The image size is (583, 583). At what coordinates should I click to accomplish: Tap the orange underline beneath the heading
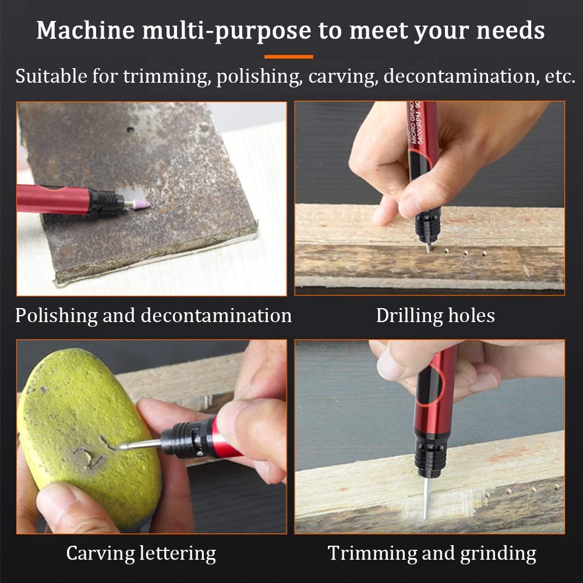[x=288, y=57]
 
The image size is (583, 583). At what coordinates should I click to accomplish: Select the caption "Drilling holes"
[x=435, y=316]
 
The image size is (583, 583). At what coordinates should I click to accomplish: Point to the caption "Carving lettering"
[x=141, y=553]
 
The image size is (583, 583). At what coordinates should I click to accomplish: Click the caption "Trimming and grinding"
[x=432, y=553]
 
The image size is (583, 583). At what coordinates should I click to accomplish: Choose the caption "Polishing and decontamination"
[x=153, y=316]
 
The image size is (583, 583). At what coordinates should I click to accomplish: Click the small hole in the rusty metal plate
[x=130, y=129]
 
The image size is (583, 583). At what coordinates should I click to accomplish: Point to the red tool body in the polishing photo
[x=52, y=199]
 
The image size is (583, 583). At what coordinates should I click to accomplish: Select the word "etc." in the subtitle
[x=559, y=76]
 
